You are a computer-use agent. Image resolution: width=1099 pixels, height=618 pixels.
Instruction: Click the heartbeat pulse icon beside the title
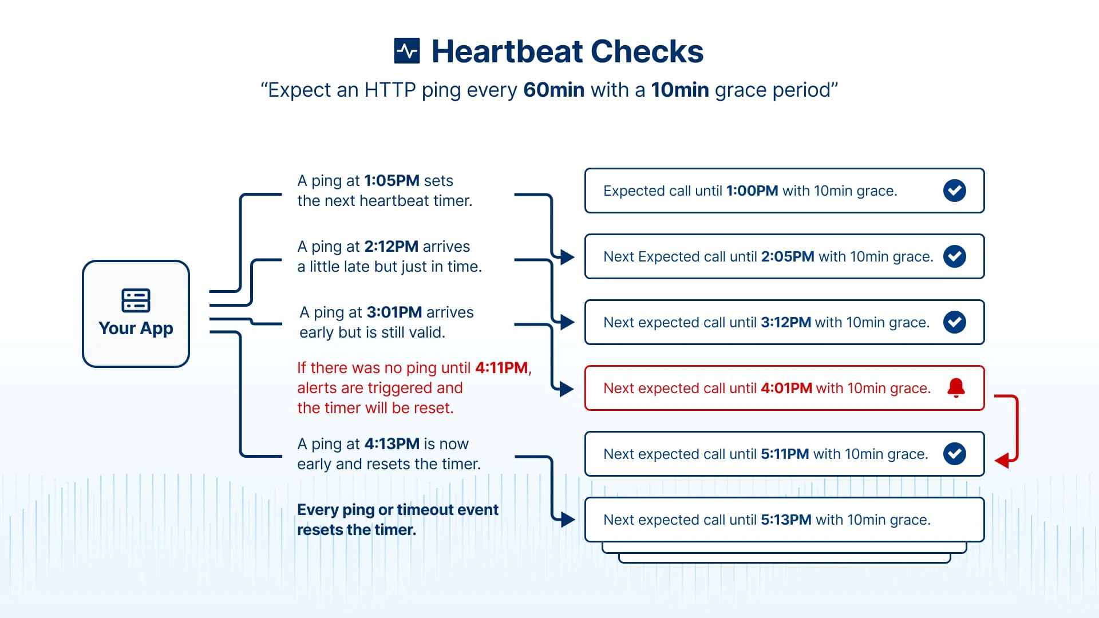407,51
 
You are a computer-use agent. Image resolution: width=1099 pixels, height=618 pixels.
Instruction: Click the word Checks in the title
647,51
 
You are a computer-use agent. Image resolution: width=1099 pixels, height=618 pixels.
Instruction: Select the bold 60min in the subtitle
554,90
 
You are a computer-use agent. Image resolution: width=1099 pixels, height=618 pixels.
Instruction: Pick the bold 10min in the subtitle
679,90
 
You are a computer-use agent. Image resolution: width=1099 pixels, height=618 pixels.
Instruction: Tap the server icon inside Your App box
136,300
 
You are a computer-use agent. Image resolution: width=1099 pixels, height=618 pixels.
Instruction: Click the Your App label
136,328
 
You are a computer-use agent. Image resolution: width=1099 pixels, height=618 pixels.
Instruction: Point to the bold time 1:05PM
392,181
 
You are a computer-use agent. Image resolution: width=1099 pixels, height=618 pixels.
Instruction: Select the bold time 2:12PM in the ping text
391,247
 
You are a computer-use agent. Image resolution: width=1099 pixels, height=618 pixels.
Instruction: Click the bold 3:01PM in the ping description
394,312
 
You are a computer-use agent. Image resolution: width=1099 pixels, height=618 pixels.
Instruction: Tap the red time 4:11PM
501,368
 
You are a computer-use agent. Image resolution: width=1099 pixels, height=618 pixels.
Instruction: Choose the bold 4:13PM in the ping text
392,444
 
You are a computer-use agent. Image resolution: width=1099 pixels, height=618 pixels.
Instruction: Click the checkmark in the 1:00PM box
954,191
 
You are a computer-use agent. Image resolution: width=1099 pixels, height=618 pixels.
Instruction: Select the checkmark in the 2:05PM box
954,256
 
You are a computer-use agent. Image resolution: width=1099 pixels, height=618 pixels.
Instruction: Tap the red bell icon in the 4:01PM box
955,388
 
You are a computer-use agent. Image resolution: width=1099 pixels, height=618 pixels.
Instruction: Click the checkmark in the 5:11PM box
954,454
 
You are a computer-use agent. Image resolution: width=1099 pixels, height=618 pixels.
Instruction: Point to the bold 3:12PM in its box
785,323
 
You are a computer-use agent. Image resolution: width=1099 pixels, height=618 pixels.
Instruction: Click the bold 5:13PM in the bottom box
785,520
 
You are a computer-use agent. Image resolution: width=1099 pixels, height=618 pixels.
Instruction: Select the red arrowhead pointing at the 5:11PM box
1002,460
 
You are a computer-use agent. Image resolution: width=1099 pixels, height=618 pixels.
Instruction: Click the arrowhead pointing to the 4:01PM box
567,389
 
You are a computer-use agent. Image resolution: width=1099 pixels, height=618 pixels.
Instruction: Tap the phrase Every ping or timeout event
397,510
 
